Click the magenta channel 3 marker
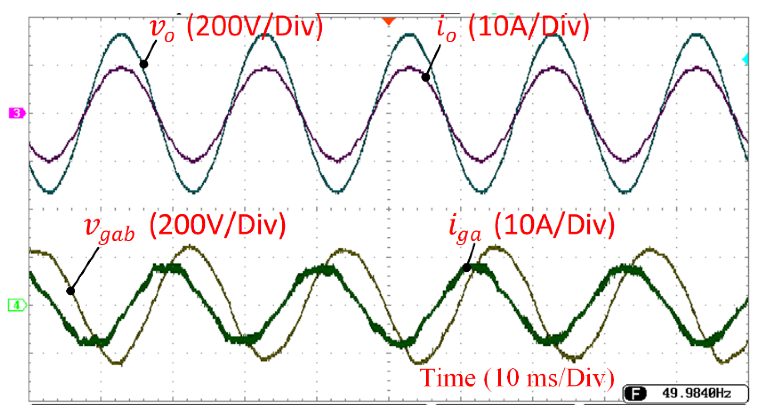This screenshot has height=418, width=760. click(x=17, y=113)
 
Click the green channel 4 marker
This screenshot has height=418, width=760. click(x=17, y=305)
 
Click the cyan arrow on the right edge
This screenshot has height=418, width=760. click(x=745, y=60)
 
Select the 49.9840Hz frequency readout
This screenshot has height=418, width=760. click(x=697, y=394)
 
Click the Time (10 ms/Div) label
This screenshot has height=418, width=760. click(x=517, y=378)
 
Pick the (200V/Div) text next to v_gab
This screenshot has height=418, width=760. click(x=217, y=225)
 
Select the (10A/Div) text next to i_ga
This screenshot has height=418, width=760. click(x=554, y=225)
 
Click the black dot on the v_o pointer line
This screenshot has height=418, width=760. click(x=144, y=64)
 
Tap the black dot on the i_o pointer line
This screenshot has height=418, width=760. click(x=425, y=77)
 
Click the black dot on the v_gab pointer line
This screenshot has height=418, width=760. click(x=70, y=291)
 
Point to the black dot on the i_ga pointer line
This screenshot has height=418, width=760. click(x=467, y=268)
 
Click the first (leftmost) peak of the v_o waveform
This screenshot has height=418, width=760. click(x=122, y=34)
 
